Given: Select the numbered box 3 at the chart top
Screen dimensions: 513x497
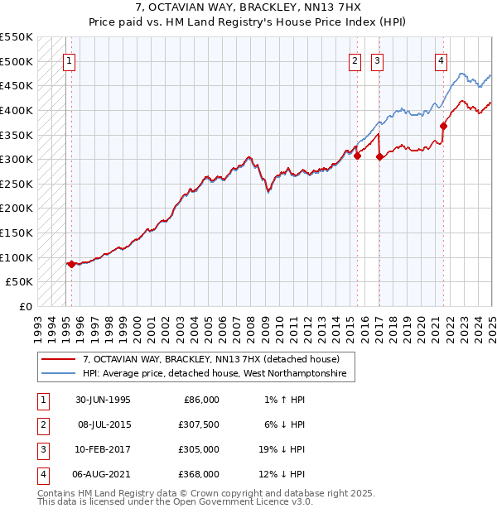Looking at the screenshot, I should (x=377, y=60).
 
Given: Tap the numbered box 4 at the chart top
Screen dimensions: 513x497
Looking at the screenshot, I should (x=442, y=60).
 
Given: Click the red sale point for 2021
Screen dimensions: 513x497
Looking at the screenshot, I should (x=444, y=126).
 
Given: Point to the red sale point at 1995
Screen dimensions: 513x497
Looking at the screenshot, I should (x=71, y=264).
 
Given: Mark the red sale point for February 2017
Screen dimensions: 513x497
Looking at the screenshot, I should (x=379, y=156).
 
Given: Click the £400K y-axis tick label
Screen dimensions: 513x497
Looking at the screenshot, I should (x=17, y=110).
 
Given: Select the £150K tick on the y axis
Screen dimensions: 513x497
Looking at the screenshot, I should (x=17, y=233).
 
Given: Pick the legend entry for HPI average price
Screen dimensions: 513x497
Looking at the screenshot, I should (x=219, y=375).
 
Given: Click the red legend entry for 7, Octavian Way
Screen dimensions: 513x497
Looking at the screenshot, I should (x=211, y=359).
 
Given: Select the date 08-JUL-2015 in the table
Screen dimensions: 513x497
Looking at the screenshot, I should (x=103, y=425).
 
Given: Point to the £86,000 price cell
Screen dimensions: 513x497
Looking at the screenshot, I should (x=200, y=400).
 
